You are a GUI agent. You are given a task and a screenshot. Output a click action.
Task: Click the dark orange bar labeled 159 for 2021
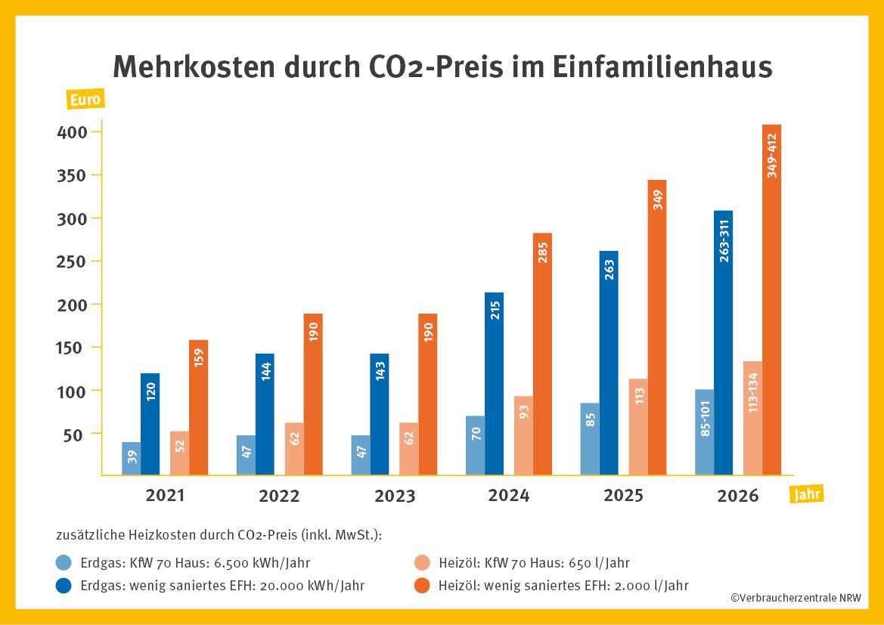(x=198, y=408)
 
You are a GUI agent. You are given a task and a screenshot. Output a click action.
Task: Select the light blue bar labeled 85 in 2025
(x=590, y=439)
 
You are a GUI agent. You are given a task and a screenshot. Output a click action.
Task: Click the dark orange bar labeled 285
(x=542, y=354)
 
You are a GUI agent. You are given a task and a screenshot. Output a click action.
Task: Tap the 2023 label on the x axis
(x=395, y=497)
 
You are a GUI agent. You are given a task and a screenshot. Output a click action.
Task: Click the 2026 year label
(x=738, y=497)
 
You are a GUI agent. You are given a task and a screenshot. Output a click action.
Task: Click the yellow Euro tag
(x=84, y=100)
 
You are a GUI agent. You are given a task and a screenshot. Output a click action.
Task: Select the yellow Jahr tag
(x=806, y=495)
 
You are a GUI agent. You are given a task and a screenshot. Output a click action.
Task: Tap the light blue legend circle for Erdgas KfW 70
(x=64, y=563)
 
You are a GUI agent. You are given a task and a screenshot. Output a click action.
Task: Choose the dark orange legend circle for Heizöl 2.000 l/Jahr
(x=423, y=586)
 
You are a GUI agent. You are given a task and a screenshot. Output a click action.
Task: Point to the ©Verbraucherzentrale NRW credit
(x=795, y=598)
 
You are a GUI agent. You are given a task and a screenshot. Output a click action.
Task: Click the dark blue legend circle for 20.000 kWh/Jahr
(x=64, y=586)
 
